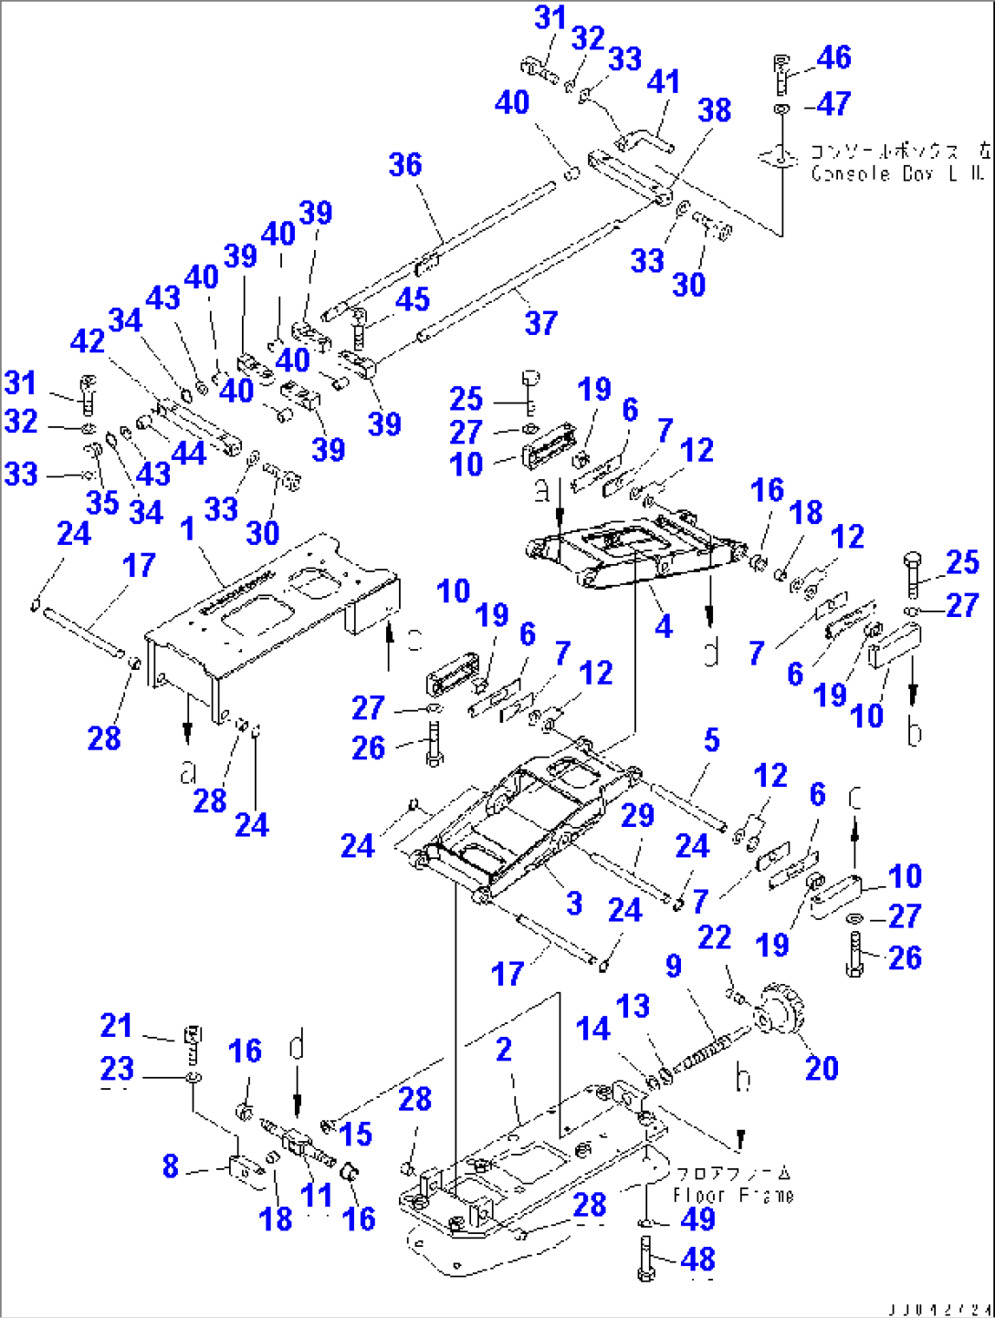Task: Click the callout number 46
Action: tap(833, 58)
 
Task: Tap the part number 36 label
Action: tap(405, 165)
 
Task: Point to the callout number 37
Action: tap(540, 322)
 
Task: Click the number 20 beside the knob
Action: tap(822, 1068)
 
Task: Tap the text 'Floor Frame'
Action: tap(733, 1196)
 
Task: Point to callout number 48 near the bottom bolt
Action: tap(697, 1260)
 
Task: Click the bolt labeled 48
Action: tap(646, 1260)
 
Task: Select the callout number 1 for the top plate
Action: tap(187, 529)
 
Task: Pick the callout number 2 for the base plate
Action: tap(503, 1050)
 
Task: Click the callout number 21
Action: tap(116, 1026)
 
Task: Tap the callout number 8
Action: tap(170, 1166)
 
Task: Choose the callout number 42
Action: tap(88, 341)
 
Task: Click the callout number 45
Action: tap(412, 299)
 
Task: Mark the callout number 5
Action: tap(711, 740)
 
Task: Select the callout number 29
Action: tap(637, 815)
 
